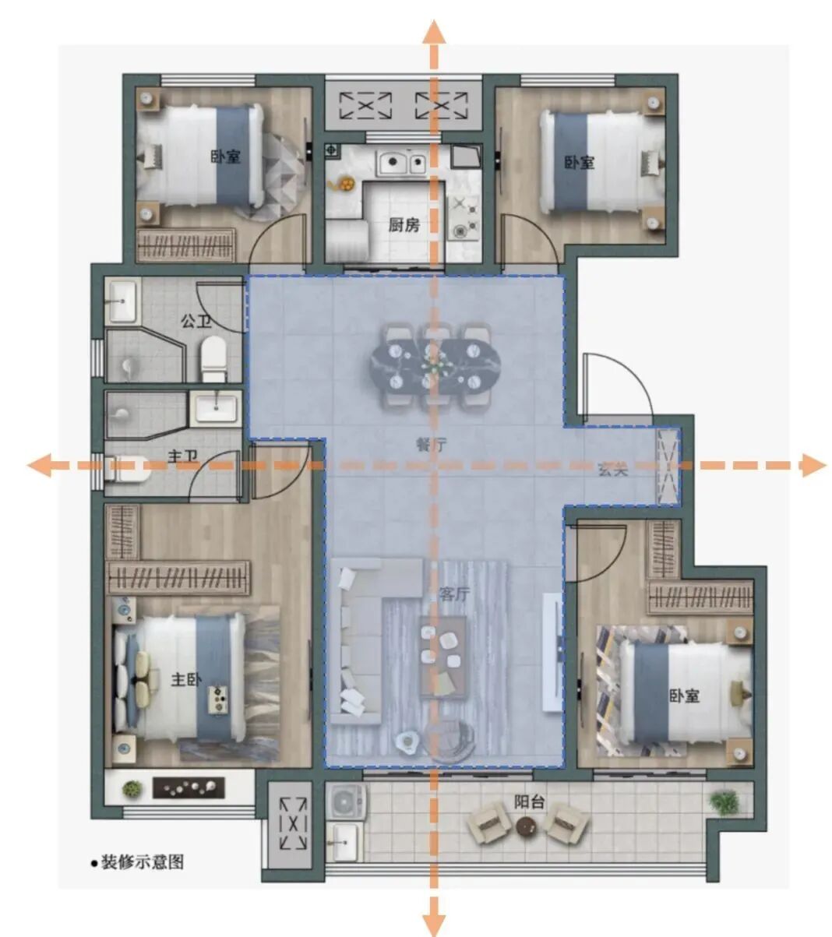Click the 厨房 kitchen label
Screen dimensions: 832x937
point(404,225)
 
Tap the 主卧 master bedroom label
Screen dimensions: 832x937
point(186,679)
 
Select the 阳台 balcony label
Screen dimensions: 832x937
point(529,801)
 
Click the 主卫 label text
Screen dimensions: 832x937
point(182,456)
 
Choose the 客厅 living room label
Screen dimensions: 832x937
point(454,594)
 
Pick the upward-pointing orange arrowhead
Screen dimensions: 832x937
point(434,32)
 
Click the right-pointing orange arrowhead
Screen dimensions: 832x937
point(814,465)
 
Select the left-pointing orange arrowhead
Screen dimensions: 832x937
point(38,465)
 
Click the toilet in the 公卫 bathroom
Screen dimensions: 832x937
point(213,358)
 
